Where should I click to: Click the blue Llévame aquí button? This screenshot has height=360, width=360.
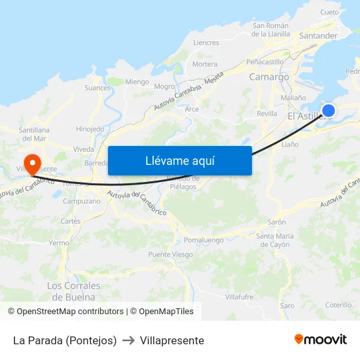coord(179,160)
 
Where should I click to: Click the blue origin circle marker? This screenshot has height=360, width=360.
coord(329,111)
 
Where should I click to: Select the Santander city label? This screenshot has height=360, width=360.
coord(317,35)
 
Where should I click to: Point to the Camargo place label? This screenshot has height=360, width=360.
coord(268,77)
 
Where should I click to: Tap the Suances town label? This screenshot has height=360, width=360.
coord(98,87)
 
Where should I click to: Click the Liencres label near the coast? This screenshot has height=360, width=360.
coord(206,43)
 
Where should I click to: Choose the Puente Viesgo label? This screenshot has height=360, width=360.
coord(170,255)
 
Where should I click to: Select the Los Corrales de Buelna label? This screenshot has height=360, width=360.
coord(74,291)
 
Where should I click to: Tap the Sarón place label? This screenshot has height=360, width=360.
coord(277,222)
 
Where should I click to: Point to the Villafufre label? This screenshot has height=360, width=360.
coord(239,297)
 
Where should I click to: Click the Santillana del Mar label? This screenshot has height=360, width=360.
coord(34,134)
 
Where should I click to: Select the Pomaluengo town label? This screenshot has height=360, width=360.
coord(204,240)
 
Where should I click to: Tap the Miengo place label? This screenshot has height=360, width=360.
coord(137,82)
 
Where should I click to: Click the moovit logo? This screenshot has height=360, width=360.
coord(320,340)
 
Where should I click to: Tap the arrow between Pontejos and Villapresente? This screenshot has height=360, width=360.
coord(128,340)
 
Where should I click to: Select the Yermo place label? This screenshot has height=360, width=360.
coord(59,242)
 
